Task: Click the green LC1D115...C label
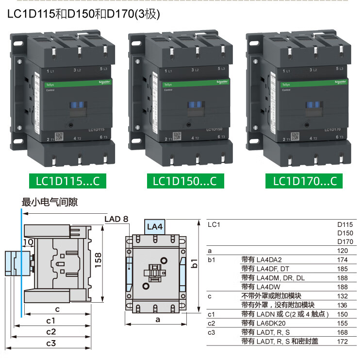coord(67,181)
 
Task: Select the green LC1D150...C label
coord(184,181)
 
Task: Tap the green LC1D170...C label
coord(304,181)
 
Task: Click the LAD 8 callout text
coord(116,219)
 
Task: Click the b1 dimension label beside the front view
coord(195,263)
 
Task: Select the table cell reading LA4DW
coord(258,287)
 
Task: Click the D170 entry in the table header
coord(345,241)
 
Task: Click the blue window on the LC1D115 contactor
coord(78,105)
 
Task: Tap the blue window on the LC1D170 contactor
coord(313,105)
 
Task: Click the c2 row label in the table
coord(211,323)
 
